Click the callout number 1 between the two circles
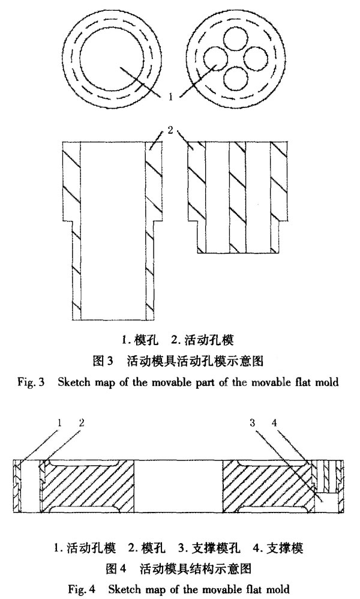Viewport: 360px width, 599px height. click(171, 97)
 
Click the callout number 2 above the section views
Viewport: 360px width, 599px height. click(170, 130)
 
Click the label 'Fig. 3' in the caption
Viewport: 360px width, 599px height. click(31, 382)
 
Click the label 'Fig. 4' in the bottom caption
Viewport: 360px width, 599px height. click(82, 589)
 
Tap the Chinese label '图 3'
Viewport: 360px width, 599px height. click(103, 361)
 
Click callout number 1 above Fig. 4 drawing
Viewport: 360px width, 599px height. click(59, 423)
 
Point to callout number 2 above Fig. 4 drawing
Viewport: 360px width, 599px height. click(82, 423)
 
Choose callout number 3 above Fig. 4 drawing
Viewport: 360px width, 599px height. click(253, 423)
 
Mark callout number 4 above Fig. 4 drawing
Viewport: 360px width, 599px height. click(274, 423)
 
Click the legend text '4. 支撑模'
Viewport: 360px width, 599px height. click(278, 549)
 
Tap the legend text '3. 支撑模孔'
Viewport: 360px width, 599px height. click(209, 549)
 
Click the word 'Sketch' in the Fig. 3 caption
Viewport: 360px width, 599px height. click(73, 382)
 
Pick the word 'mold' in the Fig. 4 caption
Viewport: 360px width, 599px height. click(278, 589)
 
